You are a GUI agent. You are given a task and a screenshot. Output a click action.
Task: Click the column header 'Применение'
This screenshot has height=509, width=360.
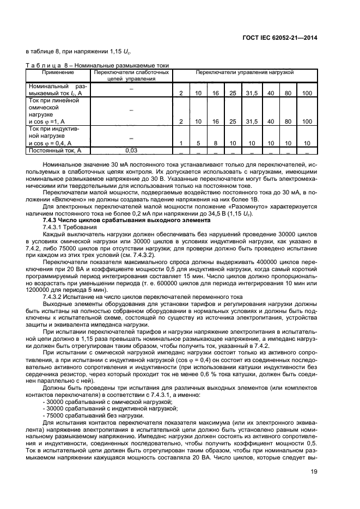click(x=60, y=72)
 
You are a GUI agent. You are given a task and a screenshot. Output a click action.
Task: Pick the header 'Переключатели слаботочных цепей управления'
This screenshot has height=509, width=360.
click(x=131, y=75)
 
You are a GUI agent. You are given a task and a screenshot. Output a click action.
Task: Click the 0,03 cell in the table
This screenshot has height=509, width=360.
click(x=131, y=150)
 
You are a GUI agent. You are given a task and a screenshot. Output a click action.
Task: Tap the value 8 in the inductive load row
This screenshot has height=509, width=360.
click(x=216, y=143)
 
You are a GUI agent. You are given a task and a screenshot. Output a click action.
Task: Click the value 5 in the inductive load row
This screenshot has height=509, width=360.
click(x=198, y=143)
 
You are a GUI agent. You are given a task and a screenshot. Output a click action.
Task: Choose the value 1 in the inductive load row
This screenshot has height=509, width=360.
click(x=181, y=143)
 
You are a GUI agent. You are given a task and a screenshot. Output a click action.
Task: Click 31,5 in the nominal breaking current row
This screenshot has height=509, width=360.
click(x=251, y=94)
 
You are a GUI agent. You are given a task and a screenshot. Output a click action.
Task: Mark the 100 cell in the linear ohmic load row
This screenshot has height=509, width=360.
click(x=307, y=121)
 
